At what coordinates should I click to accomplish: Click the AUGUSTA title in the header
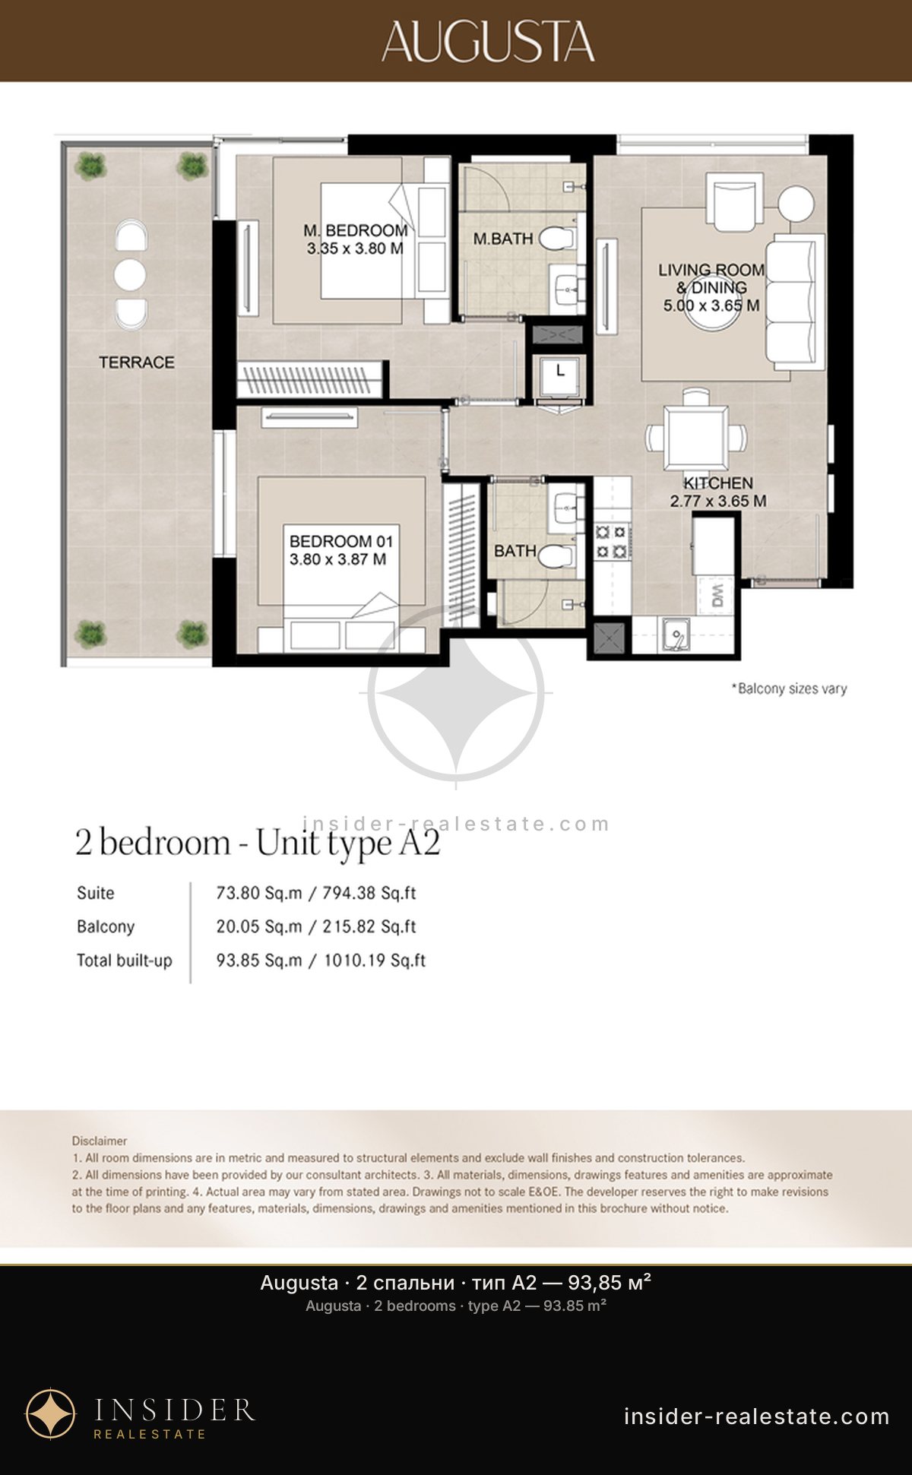[x=488, y=42]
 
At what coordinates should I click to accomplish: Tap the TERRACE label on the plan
[x=137, y=362]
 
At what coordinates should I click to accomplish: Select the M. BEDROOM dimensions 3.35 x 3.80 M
[x=355, y=248]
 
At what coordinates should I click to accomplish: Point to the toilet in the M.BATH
[x=557, y=239]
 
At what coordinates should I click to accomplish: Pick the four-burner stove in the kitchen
[x=613, y=540]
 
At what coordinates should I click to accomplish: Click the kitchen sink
[x=675, y=634]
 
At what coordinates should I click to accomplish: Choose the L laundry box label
[x=561, y=371]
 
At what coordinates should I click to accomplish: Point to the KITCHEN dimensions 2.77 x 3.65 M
[x=718, y=502]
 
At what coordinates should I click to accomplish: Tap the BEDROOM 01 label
[x=341, y=542]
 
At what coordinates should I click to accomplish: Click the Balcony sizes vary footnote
[x=789, y=688]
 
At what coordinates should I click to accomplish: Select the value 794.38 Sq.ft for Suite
[x=369, y=893]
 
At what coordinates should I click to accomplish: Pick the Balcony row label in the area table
[x=106, y=926]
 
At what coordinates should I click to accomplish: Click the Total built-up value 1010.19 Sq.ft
[x=375, y=961]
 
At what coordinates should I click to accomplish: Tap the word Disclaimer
[x=100, y=1141]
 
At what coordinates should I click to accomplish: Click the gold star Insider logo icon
[x=51, y=1414]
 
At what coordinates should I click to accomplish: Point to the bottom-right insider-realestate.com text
[x=756, y=1416]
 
